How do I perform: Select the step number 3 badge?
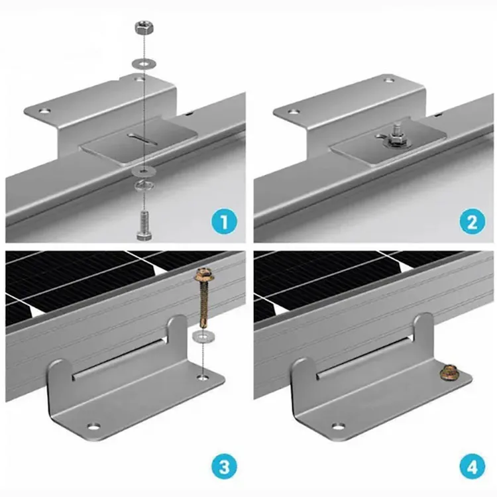point(225,468)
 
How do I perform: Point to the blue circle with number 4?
point(472,468)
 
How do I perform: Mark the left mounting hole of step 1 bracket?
point(46,107)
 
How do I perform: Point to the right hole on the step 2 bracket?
point(389,80)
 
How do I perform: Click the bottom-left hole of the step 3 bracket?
point(93,423)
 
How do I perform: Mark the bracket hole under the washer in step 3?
point(201,378)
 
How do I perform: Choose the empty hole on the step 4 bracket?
point(341,422)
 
